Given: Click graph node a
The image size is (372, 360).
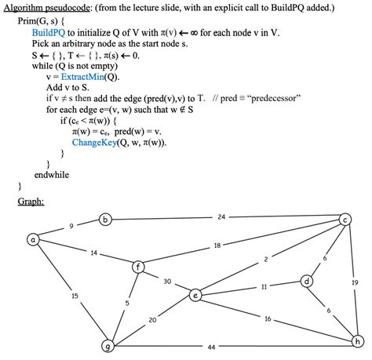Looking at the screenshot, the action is (x=34, y=240).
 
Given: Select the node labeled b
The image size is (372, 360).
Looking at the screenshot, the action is (x=106, y=220).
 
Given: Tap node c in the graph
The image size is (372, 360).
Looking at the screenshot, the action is (x=346, y=220).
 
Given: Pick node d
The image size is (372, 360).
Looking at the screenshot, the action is (x=307, y=281).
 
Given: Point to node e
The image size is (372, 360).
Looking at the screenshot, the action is (x=195, y=295).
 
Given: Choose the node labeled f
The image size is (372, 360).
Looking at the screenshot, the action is (x=140, y=267).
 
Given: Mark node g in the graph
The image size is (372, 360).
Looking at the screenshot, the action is (x=108, y=346).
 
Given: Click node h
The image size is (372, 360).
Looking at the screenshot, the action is (x=359, y=340).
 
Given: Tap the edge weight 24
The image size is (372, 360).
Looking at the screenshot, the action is (x=221, y=216).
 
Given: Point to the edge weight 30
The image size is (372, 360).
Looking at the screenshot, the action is (x=167, y=281).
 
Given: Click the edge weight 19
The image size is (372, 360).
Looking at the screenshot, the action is (x=355, y=282).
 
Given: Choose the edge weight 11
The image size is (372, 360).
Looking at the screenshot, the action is (x=264, y=286).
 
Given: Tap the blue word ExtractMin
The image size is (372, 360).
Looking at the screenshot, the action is (x=82, y=77).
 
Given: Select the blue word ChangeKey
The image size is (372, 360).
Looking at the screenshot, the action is (x=96, y=143).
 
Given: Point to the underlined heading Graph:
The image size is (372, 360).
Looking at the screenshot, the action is (x=31, y=202).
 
